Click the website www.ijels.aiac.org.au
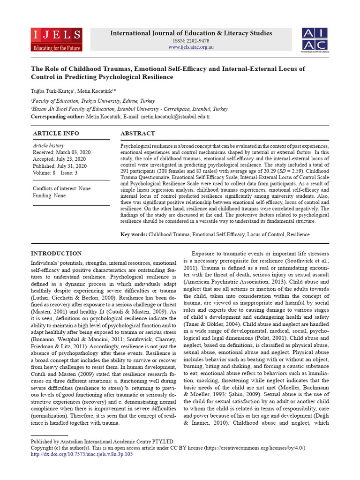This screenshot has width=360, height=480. tap(191, 47)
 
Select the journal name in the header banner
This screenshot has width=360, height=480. tap(191, 33)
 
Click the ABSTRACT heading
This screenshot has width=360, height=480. tap(137, 134)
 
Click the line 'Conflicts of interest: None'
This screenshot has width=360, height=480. tap(61, 188)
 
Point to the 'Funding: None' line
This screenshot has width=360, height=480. tap(49, 195)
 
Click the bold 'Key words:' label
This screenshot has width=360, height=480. tap(134, 234)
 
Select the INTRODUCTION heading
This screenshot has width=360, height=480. tap(56, 254)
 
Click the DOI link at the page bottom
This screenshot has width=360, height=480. tap(82, 454)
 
